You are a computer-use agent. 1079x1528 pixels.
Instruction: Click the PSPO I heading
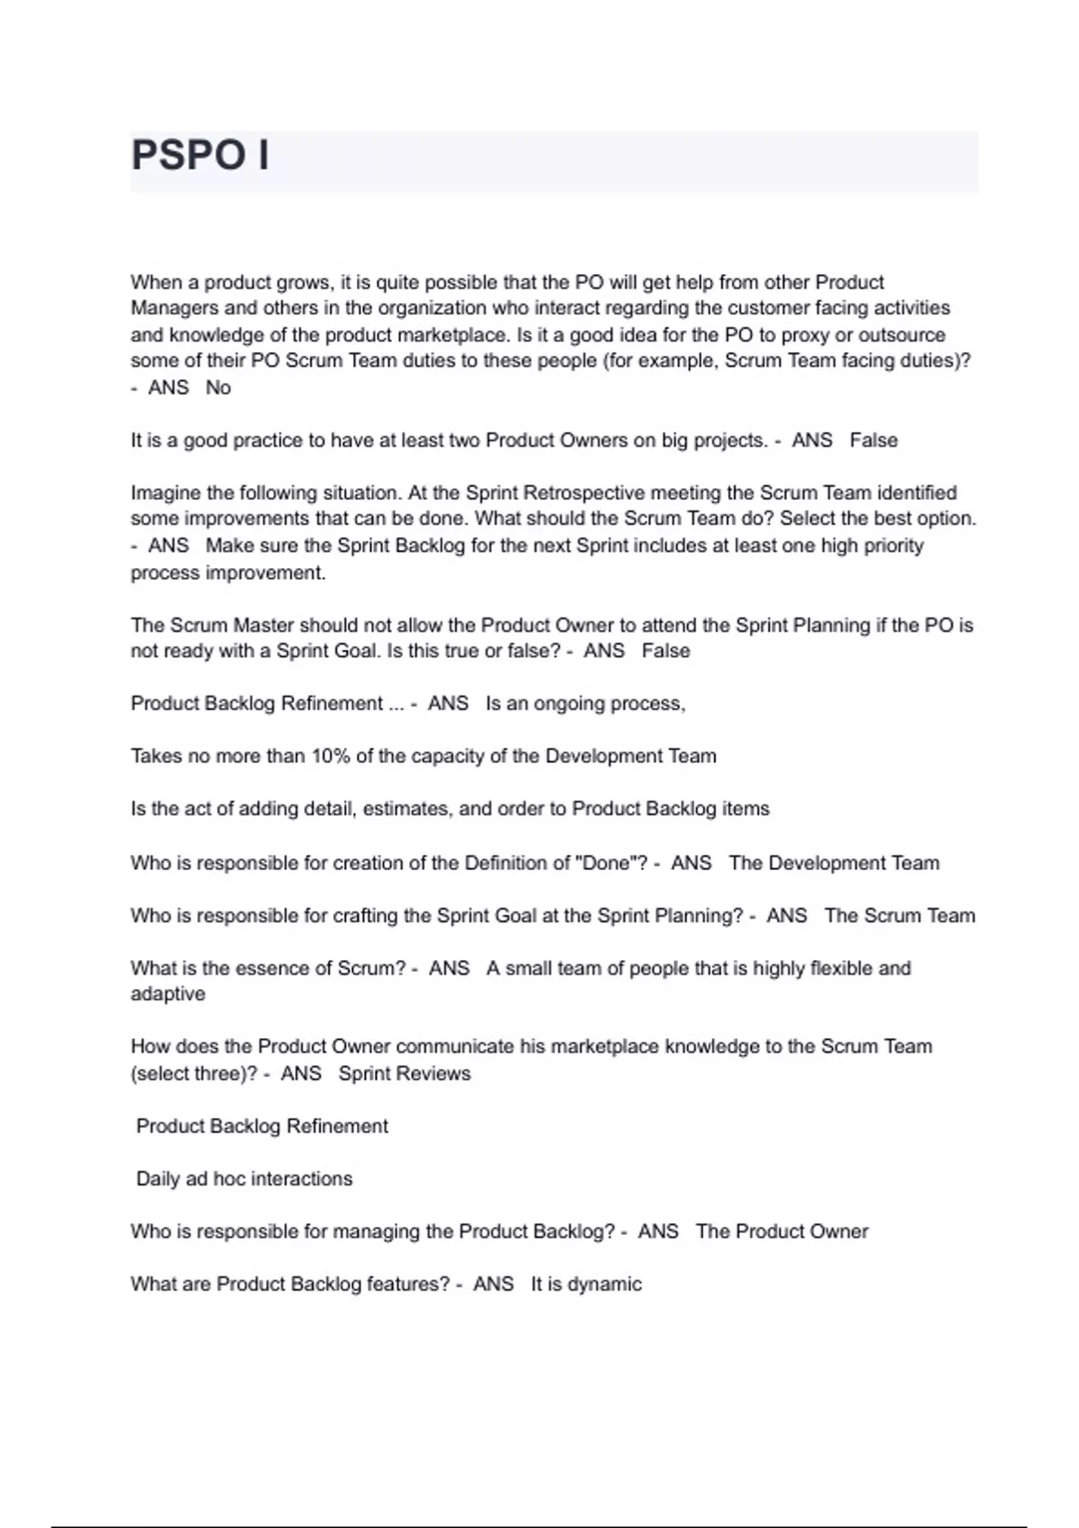click(x=200, y=155)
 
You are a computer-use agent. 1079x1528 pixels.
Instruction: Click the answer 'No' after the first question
click(x=218, y=387)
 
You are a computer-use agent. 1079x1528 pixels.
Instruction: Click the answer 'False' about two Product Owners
click(x=873, y=440)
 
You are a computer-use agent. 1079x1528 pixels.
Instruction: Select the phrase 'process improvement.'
click(x=228, y=573)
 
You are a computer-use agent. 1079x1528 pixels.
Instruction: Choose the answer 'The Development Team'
click(x=834, y=863)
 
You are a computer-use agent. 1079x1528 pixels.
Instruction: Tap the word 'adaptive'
click(x=168, y=994)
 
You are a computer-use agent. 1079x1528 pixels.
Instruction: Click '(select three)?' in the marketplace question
click(x=194, y=1073)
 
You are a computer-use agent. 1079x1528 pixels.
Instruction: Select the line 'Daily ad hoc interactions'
click(x=244, y=1178)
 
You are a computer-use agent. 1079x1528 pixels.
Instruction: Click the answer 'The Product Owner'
click(x=781, y=1231)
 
